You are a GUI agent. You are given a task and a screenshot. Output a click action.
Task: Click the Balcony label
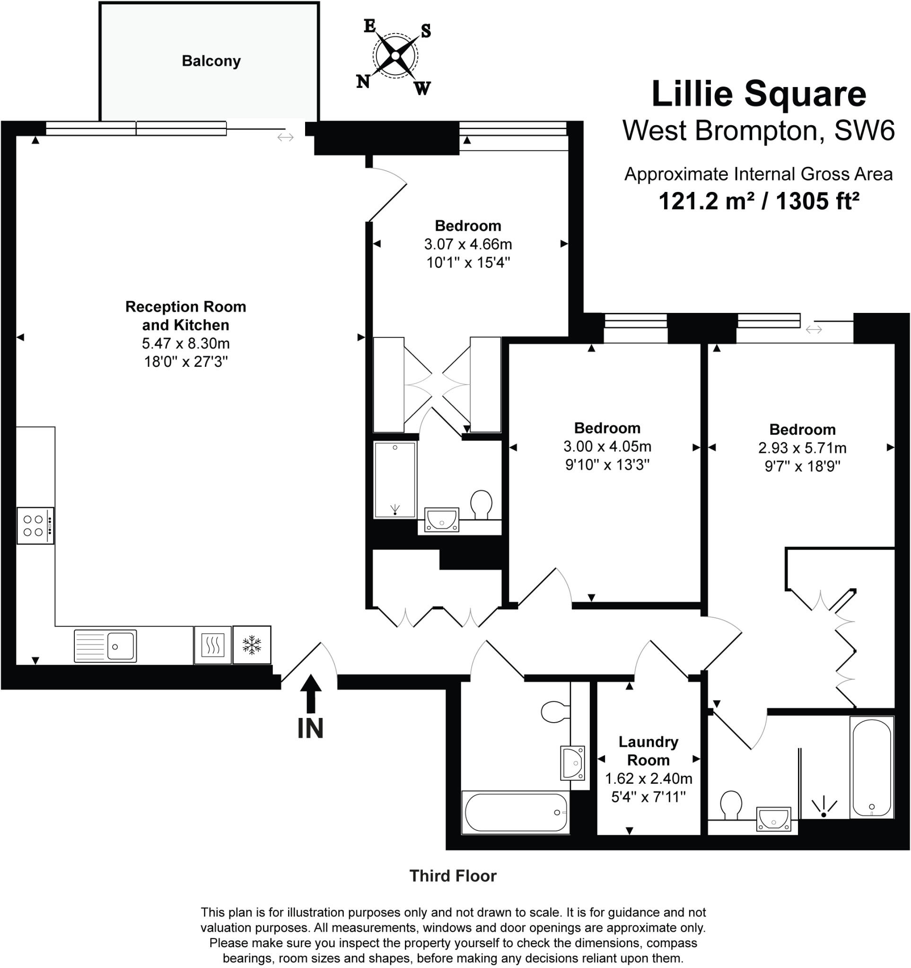tap(211, 61)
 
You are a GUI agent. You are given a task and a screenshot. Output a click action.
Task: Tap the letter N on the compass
tap(363, 81)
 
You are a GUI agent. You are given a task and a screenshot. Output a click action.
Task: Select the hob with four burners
tap(35, 526)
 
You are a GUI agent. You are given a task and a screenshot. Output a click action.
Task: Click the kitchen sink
tap(105, 646)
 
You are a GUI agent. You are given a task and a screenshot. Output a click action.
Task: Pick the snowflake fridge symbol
tap(252, 645)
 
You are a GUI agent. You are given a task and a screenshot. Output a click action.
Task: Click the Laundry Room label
tap(648, 751)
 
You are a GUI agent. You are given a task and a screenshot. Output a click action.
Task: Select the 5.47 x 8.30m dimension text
tap(185, 343)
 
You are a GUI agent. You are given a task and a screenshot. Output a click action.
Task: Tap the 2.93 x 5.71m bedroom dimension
tap(802, 448)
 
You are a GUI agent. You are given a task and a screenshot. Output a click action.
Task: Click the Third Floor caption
tap(453, 876)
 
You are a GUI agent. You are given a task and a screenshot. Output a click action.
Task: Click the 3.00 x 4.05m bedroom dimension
tap(607, 446)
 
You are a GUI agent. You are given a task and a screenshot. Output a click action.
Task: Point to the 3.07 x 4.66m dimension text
tap(468, 244)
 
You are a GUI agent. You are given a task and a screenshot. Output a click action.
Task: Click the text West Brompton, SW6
tap(759, 130)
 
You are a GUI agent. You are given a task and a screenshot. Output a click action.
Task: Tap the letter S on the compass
tap(426, 31)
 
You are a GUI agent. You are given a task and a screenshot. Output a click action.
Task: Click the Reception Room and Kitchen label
tap(185, 316)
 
